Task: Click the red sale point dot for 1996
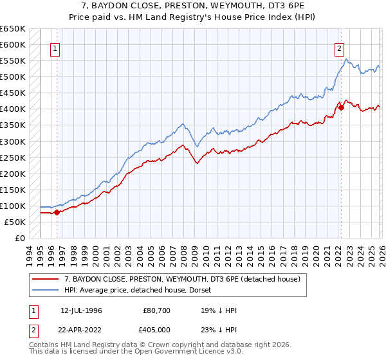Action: coord(57,212)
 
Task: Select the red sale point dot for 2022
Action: coord(342,107)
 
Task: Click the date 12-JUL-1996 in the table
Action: coord(81,310)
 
